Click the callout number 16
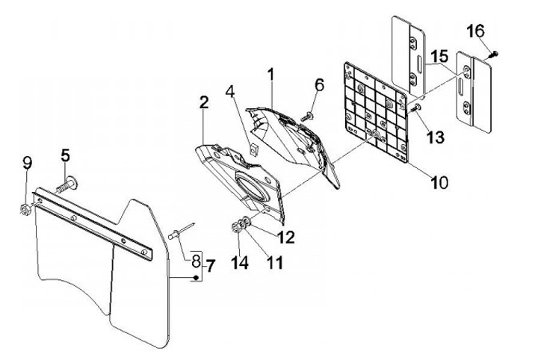point(476,31)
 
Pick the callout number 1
point(271,75)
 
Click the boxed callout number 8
point(195,262)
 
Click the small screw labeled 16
point(494,53)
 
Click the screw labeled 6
point(307,116)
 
